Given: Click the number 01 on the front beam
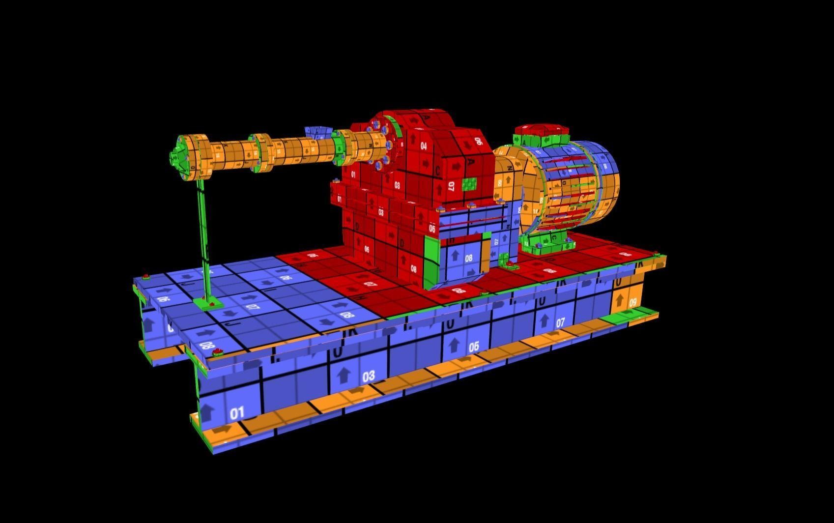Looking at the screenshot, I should (x=237, y=413).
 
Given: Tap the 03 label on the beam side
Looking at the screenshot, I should (x=369, y=377).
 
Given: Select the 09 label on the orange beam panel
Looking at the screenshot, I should (x=633, y=302).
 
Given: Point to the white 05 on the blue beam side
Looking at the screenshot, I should (x=473, y=347).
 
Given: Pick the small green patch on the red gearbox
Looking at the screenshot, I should (x=469, y=184).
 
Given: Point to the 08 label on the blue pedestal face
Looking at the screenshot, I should (x=468, y=258).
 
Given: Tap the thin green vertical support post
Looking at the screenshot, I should (x=202, y=236).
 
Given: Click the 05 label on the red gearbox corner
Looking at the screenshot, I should (x=431, y=229).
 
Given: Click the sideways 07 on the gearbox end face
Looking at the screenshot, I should (x=451, y=186).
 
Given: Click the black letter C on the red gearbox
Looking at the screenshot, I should (x=438, y=171).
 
